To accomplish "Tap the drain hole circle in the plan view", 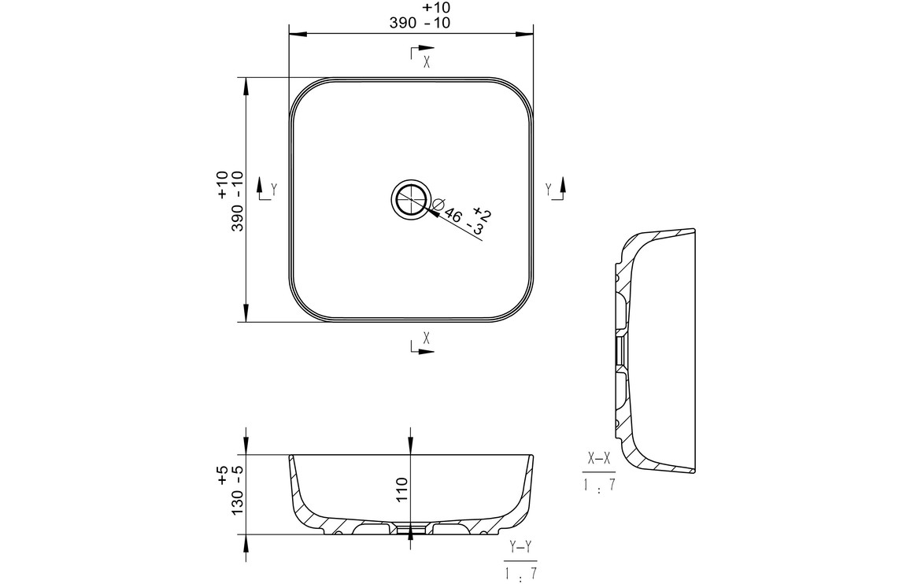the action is [x=412, y=199].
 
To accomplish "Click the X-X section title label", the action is [x=599, y=459].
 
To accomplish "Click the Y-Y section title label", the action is [x=520, y=546].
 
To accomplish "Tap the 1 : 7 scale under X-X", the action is [x=599, y=485].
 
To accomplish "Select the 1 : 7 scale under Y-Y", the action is [x=520, y=573].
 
